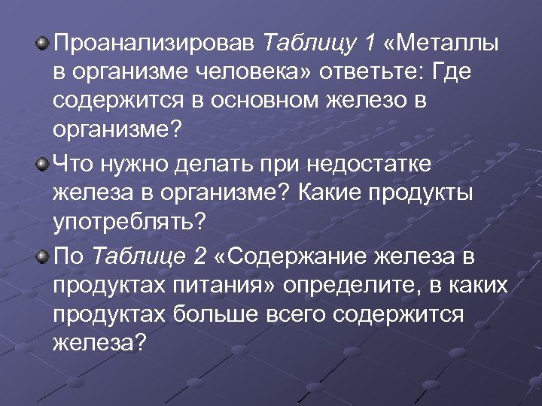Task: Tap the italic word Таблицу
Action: tap(310, 43)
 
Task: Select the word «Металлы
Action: tap(441, 43)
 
